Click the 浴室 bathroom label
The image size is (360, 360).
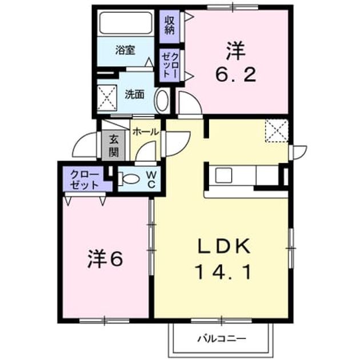[x=125, y=50]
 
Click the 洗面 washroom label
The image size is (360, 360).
[x=135, y=95]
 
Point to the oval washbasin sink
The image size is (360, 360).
[x=162, y=101]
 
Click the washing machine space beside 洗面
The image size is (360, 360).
[x=107, y=98]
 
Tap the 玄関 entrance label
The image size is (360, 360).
[x=114, y=145]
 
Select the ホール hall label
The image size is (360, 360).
[x=146, y=132]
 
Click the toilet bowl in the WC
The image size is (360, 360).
[x=129, y=179]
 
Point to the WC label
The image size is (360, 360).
[x=151, y=179]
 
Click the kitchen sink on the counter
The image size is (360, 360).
[x=223, y=175]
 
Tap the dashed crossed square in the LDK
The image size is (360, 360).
[x=277, y=131]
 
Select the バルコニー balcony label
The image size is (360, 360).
[x=222, y=338]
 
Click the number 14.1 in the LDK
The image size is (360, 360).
[x=223, y=272]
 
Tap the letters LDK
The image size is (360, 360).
[x=224, y=246]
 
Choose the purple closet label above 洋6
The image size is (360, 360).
[x=85, y=179]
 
